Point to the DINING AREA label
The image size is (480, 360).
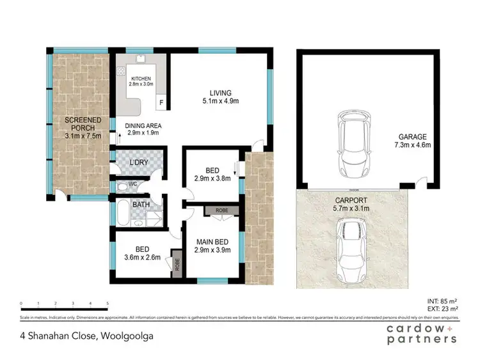pyautogui.click(x=143, y=129)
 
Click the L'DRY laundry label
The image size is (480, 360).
pyautogui.click(x=139, y=162)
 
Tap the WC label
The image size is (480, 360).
pyautogui.click(x=133, y=184)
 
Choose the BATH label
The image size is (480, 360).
pyautogui.click(x=141, y=205)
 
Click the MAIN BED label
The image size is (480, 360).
pyautogui.click(x=212, y=245)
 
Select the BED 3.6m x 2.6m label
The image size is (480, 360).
pyautogui.click(x=141, y=254)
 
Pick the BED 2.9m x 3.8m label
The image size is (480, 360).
pyautogui.click(x=211, y=175)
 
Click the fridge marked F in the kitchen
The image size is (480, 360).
pyautogui.click(x=161, y=102)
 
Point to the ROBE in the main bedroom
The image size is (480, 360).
pyautogui.click(x=221, y=210)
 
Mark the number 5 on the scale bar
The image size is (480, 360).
pyautogui.click(x=108, y=303)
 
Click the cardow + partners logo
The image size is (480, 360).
pyautogui.click(x=421, y=334)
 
